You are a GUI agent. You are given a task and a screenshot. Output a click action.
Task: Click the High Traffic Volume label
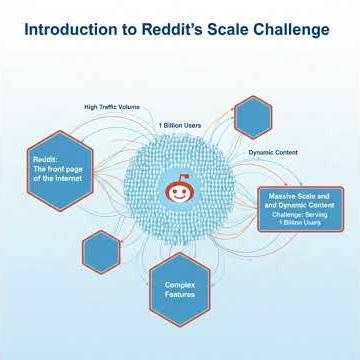pyautogui.click(x=112, y=106)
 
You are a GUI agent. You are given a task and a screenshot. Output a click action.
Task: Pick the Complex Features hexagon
pyautogui.click(x=180, y=290)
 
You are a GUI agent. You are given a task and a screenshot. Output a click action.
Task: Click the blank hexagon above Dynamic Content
pyautogui.click(x=254, y=116)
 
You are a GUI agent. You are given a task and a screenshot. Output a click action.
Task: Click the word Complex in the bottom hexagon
pyautogui.click(x=180, y=285)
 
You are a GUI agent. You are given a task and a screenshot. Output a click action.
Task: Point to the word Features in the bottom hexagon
pyautogui.click(x=180, y=296)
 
